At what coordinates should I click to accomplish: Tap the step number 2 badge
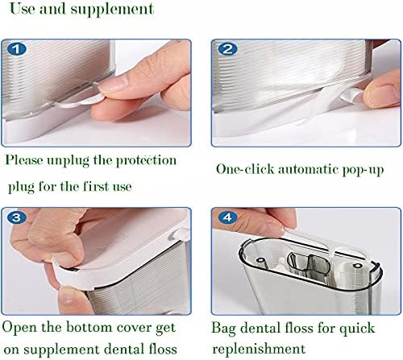pos(228,48)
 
